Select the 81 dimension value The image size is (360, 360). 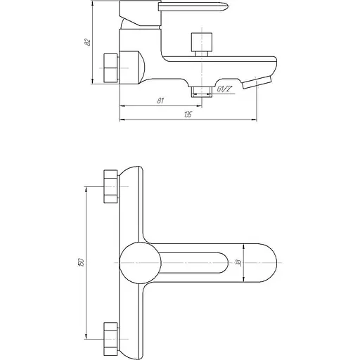161,101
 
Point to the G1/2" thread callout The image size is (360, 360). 225,89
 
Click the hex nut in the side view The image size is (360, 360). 111,67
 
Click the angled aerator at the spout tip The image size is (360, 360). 259,83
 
